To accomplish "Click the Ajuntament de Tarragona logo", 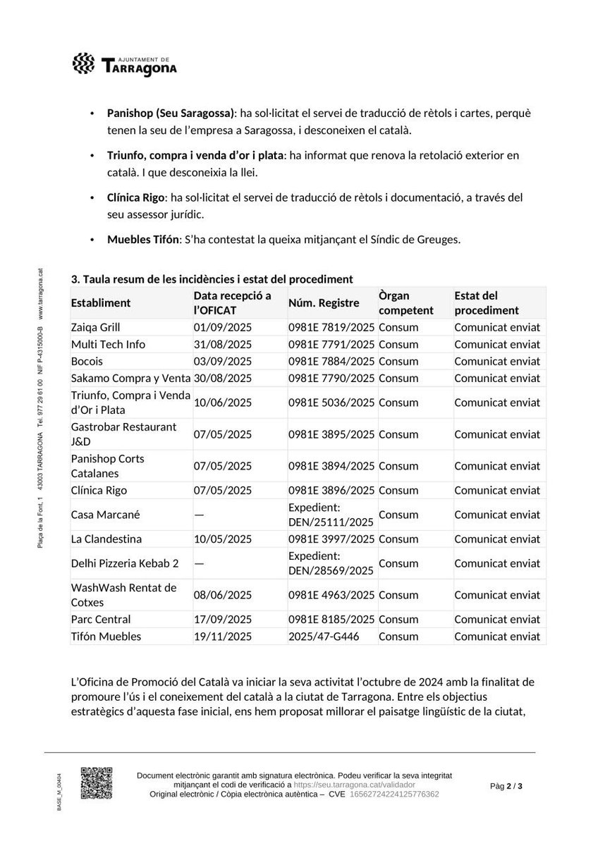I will pos(125,65).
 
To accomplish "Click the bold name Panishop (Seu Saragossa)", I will pos(171,113).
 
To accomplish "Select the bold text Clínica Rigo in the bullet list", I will pos(135,198).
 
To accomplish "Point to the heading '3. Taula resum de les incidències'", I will pos(212,279).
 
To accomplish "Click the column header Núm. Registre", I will pos(324,303).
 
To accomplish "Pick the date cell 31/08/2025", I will pos(223,344).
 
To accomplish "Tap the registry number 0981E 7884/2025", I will pos(331,361).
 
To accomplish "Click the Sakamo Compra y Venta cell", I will pos(130,378).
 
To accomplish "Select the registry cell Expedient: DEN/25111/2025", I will pos(331,514).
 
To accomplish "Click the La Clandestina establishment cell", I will pos(106,539).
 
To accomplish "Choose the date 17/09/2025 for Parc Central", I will pos(223,619).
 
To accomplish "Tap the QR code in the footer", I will pos(97,783).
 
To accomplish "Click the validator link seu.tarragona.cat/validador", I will pos(355,785).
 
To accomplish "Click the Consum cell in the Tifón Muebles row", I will pos(398,636).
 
